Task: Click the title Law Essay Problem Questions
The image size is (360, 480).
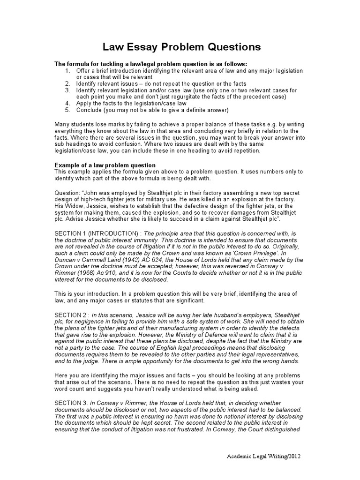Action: tap(180, 47)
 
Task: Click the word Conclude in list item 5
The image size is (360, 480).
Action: tap(90, 110)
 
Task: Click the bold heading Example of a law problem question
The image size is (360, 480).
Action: tap(105, 165)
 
